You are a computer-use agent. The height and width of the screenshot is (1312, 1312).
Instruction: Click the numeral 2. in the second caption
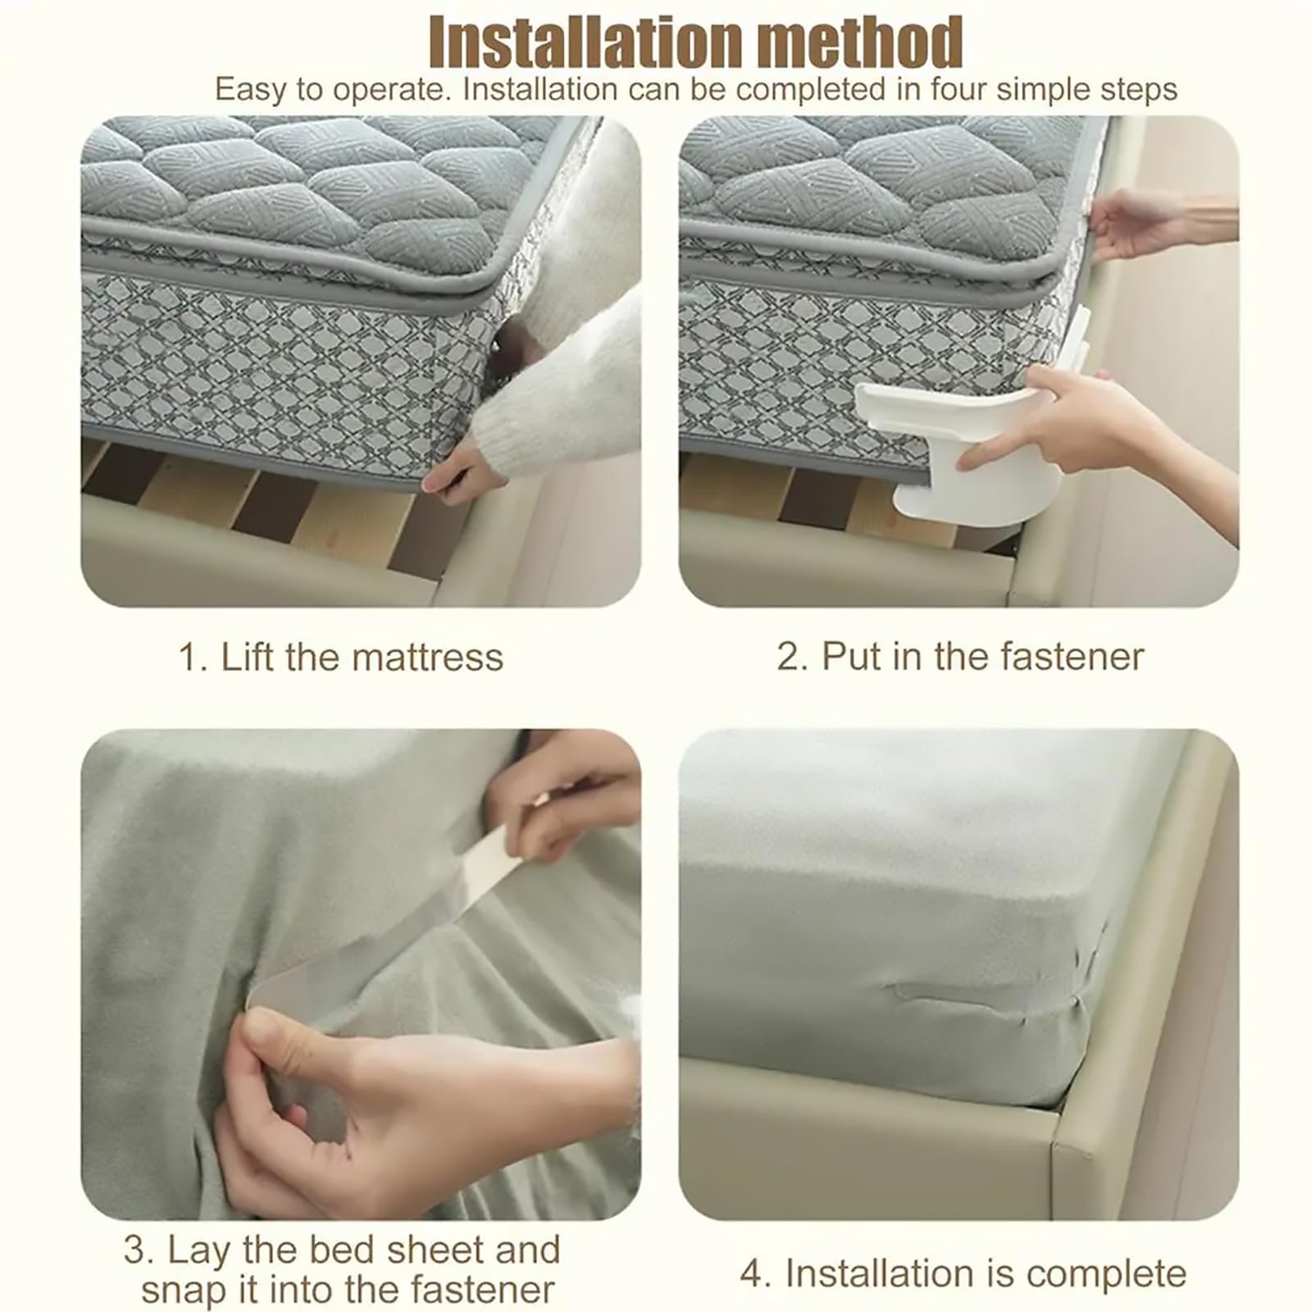(x=792, y=656)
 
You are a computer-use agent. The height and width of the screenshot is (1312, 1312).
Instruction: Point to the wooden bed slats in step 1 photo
(x=246, y=500)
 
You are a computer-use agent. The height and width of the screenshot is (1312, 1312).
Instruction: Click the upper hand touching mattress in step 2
(x=1140, y=221)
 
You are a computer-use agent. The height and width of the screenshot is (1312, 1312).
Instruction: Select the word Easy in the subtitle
(x=251, y=89)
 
